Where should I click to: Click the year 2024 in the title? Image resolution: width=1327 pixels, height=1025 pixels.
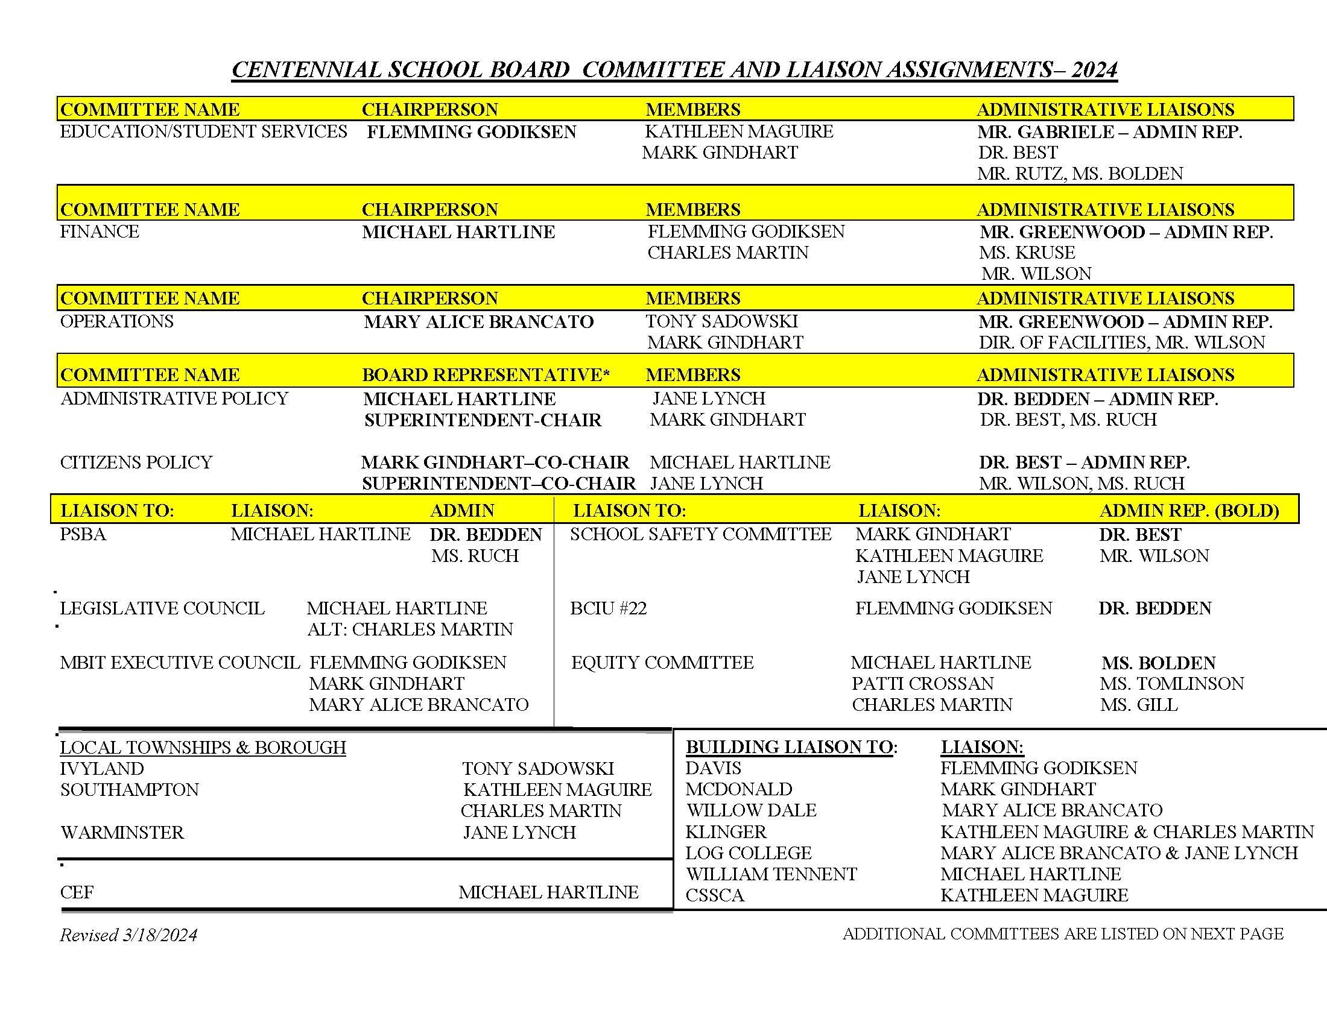pyautogui.click(x=1094, y=70)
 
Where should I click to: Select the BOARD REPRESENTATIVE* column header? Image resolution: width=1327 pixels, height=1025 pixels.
pyautogui.click(x=486, y=374)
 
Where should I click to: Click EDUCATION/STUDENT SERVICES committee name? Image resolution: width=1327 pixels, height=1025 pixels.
pyautogui.click(x=203, y=132)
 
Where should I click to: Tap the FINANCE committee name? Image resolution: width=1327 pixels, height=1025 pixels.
pyautogui.click(x=100, y=232)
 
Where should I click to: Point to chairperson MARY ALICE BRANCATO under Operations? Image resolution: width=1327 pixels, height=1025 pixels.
pyautogui.click(x=478, y=322)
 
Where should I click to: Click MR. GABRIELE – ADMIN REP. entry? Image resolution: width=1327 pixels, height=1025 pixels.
pyautogui.click(x=1109, y=132)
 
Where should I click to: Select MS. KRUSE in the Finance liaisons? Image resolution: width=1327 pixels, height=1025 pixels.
pyautogui.click(x=1027, y=253)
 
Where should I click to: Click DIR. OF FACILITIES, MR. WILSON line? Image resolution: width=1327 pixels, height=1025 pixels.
pyautogui.click(x=1122, y=342)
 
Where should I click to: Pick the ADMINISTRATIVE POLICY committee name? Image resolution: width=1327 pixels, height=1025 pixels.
pyautogui.click(x=174, y=399)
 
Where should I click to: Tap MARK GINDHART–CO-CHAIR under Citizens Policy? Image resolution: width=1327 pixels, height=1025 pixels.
pyautogui.click(x=495, y=462)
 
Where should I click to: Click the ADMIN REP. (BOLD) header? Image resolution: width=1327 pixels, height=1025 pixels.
pyautogui.click(x=1189, y=511)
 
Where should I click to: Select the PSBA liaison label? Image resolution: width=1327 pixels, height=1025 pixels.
pyautogui.click(x=83, y=534)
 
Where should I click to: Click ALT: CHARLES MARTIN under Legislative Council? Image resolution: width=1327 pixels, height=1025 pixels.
pyautogui.click(x=410, y=629)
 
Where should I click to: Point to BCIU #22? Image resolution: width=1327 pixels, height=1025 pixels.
pyautogui.click(x=608, y=608)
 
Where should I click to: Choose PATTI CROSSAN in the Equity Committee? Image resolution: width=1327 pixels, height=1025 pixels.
pyautogui.click(x=922, y=684)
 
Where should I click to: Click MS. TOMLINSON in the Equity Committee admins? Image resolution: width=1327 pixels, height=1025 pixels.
pyautogui.click(x=1171, y=684)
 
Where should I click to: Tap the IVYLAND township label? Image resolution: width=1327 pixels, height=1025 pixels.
pyautogui.click(x=102, y=769)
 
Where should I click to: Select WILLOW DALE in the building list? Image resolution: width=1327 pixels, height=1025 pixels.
pyautogui.click(x=751, y=810)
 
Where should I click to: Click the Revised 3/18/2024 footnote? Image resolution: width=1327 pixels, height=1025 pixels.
pyautogui.click(x=129, y=935)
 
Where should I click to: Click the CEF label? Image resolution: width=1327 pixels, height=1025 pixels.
pyautogui.click(x=77, y=892)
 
